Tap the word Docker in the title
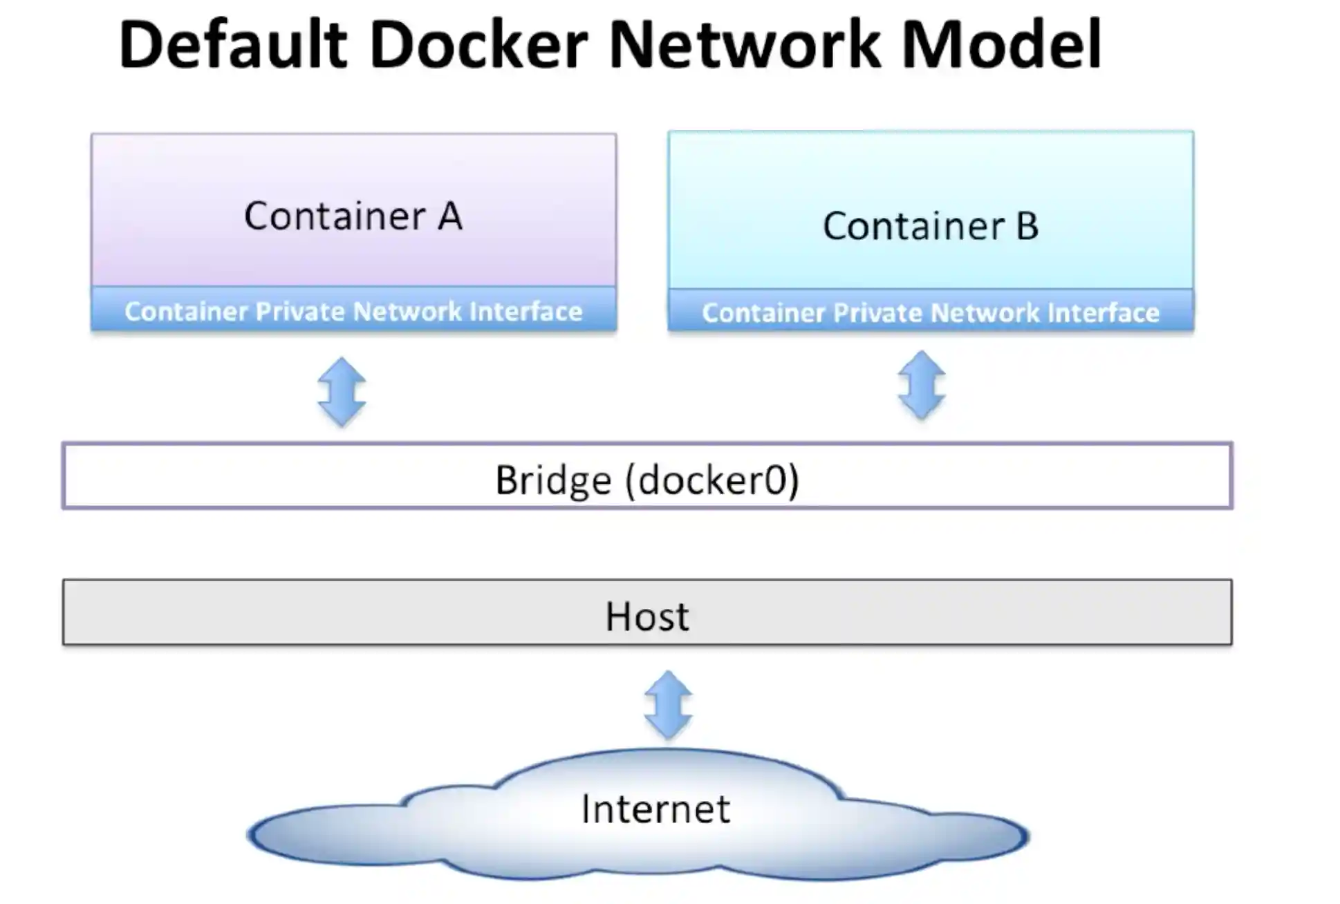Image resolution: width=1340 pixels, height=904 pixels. (x=478, y=45)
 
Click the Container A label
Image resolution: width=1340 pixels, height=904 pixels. (x=353, y=216)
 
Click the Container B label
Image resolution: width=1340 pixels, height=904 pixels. (x=931, y=226)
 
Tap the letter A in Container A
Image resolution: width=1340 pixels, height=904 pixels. (x=449, y=216)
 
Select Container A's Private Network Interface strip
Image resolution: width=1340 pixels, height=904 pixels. (x=353, y=311)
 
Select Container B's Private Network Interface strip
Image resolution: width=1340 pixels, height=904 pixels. (x=931, y=312)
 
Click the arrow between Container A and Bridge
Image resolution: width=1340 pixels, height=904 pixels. (x=342, y=391)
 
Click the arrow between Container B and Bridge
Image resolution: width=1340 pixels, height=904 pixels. (x=922, y=385)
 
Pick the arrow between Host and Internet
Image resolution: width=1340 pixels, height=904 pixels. (x=668, y=704)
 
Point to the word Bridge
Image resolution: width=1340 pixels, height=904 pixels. (x=553, y=480)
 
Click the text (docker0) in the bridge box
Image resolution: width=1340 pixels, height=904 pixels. (x=712, y=480)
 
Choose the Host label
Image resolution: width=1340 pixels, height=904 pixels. (x=647, y=616)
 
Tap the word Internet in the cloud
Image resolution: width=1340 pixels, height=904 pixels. (x=655, y=809)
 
